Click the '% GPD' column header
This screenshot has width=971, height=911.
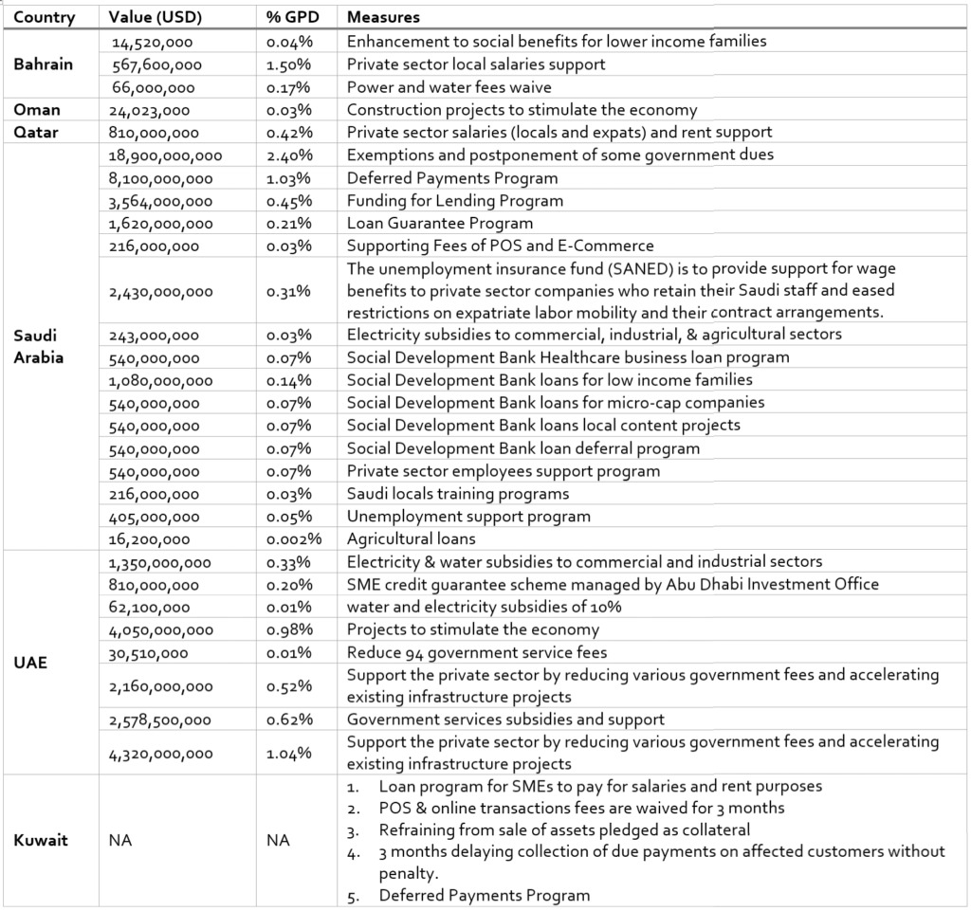tap(291, 18)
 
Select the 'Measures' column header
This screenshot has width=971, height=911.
tap(383, 18)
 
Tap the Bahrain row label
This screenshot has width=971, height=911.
tap(43, 64)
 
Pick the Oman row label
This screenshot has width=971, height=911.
tap(36, 110)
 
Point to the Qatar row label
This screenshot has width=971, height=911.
tap(38, 133)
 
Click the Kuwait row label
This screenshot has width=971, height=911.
tap(41, 840)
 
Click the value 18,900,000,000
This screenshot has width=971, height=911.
tap(166, 155)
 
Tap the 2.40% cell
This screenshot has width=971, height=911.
tap(289, 155)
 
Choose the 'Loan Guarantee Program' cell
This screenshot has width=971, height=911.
tap(439, 224)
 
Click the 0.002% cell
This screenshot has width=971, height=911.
tap(294, 539)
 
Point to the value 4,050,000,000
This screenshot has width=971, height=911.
tap(162, 630)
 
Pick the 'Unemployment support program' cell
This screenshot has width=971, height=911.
tap(468, 517)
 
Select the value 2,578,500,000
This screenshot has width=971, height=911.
tap(162, 720)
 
